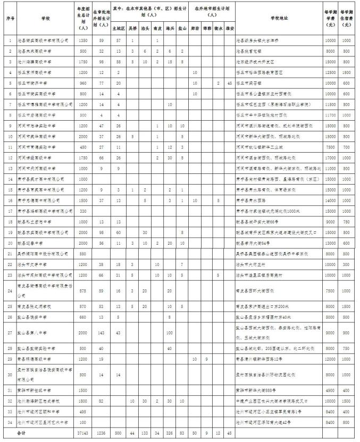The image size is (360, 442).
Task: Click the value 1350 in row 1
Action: pyautogui.click(x=82, y=40)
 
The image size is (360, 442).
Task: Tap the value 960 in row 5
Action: pyautogui.click(x=82, y=83)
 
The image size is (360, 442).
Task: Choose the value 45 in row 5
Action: pyautogui.click(x=229, y=83)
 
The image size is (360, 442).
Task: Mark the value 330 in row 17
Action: pyautogui.click(x=82, y=211)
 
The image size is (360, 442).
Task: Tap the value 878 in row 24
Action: pyautogui.click(x=82, y=291)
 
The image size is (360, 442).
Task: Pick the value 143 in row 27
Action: pyautogui.click(x=101, y=332)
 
